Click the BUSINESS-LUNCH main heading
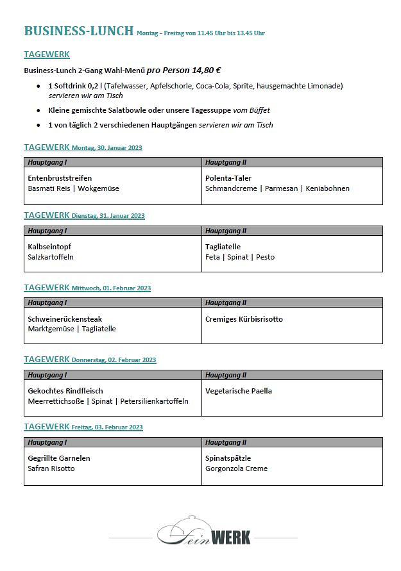click(x=78, y=31)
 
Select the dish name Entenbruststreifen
click(x=60, y=178)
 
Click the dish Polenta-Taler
click(x=228, y=178)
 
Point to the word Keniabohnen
click(x=327, y=188)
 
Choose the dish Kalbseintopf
click(x=49, y=247)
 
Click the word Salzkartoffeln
click(x=51, y=257)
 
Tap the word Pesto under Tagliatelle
click(x=265, y=257)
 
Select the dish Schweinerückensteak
click(x=65, y=319)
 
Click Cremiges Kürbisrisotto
click(x=244, y=319)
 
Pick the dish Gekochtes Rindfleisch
click(x=65, y=391)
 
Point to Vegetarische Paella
click(x=239, y=391)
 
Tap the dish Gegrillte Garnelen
click(x=59, y=458)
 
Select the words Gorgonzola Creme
click(x=236, y=468)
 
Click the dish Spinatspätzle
click(x=228, y=458)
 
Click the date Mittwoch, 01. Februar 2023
click(x=111, y=288)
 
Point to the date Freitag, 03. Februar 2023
click(x=107, y=427)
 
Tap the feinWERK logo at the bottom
click(x=204, y=531)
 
